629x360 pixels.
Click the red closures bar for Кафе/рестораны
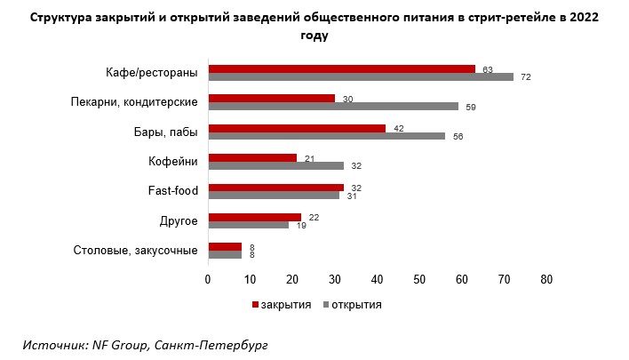(x=341, y=68)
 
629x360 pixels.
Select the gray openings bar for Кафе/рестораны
(x=360, y=77)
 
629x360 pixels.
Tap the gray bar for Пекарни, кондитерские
(x=332, y=107)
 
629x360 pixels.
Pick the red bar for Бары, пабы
(x=297, y=127)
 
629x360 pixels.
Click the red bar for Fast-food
(x=275, y=187)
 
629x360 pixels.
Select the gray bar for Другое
(x=248, y=225)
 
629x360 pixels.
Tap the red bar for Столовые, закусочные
(x=224, y=245)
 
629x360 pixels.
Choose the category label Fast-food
(x=172, y=191)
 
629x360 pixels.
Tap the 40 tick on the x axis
(x=377, y=279)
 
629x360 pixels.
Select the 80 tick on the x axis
(x=546, y=279)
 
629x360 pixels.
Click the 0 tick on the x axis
(x=208, y=279)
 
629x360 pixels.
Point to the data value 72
(x=526, y=78)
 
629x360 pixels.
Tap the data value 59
(x=471, y=108)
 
